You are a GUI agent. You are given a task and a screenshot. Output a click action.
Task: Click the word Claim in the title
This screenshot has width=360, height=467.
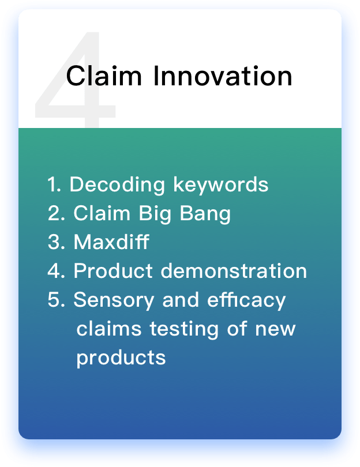pos(104,76)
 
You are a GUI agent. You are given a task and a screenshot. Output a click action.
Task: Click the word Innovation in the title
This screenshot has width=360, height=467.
pos(223,76)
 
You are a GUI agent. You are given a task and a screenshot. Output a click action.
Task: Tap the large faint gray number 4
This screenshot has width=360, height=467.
pos(75,80)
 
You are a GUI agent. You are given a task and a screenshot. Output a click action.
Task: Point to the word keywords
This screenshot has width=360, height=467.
pos(221,185)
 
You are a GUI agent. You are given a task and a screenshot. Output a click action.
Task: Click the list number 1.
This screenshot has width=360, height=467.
pos(54,184)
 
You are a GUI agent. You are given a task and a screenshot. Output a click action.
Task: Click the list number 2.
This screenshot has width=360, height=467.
pos(56,213)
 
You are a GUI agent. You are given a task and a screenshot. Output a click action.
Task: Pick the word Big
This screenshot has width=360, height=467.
pos(155,214)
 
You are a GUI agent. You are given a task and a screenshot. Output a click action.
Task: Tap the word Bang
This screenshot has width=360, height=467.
pos(205,214)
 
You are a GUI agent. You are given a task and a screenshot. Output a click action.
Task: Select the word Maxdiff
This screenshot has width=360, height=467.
pos(111,242)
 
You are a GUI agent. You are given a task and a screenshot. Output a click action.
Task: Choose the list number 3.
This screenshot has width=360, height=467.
pos(56,242)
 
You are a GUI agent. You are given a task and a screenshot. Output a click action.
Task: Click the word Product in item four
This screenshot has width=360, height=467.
pos(113,270)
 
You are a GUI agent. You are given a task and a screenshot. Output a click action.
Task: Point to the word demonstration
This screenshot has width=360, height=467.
pos(234,270)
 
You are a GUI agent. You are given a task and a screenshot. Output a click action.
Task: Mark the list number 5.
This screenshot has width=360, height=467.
pos(56,299)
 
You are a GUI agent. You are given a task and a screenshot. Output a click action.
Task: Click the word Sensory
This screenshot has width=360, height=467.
pos(114,300)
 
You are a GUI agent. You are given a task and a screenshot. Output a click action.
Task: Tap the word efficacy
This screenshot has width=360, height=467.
pos(246,300)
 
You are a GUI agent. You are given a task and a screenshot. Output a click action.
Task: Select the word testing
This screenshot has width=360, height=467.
pos(184,329)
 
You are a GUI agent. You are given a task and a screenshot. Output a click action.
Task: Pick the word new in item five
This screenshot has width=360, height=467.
pos(275,329)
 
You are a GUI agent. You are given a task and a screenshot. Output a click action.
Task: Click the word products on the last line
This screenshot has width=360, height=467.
pos(121,358)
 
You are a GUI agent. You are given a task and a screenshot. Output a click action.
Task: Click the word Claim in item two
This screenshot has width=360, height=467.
pos(102,213)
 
